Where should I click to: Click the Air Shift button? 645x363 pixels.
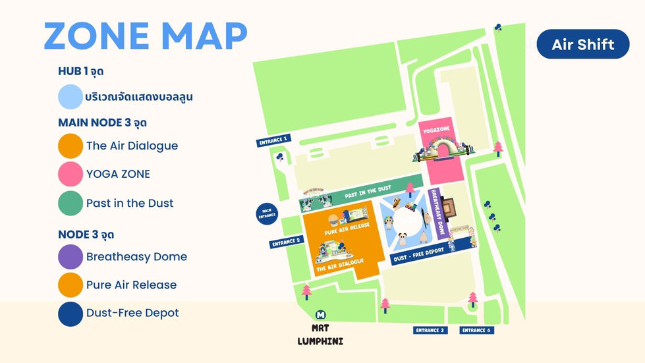click(582, 44)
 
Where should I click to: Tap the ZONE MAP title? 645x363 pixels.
click(146, 36)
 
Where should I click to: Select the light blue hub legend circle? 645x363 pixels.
click(70, 97)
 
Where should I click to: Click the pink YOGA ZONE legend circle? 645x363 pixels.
click(70, 174)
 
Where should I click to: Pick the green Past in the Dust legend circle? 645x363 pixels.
click(70, 203)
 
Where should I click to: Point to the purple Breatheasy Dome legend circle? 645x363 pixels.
click(70, 256)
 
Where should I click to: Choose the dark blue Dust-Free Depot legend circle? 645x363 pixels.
click(70, 313)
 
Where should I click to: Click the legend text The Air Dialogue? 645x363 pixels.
click(132, 146)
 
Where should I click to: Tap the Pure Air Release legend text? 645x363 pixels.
click(131, 285)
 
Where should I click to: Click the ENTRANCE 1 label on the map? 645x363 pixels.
click(273, 140)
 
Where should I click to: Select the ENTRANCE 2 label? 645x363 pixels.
click(286, 242)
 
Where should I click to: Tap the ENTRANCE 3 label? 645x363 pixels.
click(430, 330)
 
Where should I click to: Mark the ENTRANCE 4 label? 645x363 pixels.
click(476, 330)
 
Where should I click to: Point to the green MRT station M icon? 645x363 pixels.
click(321, 315)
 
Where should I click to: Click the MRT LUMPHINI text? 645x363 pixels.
click(320, 334)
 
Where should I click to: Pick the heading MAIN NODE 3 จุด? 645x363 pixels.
click(102, 123)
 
